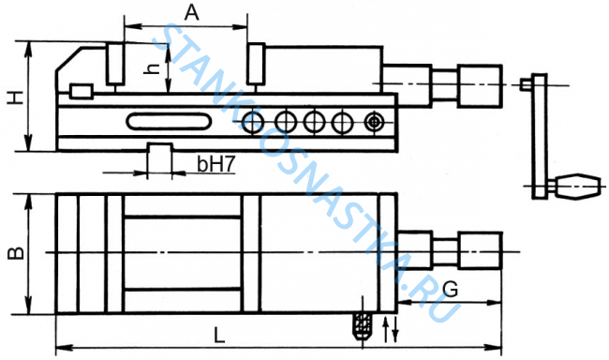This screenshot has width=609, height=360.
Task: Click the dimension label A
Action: point(191,12)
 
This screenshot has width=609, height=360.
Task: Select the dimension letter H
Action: point(16,97)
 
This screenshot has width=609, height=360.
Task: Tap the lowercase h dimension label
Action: point(152,68)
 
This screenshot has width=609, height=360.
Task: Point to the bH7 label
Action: point(216,164)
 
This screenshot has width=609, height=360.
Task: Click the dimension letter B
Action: point(16,253)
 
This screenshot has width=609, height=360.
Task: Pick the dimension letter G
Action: point(451,290)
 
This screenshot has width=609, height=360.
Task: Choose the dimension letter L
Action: point(219,335)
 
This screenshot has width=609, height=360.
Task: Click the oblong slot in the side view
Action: point(169,121)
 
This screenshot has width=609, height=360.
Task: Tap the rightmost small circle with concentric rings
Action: point(375,122)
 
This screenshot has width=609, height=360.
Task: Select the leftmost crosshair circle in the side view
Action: point(252,123)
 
